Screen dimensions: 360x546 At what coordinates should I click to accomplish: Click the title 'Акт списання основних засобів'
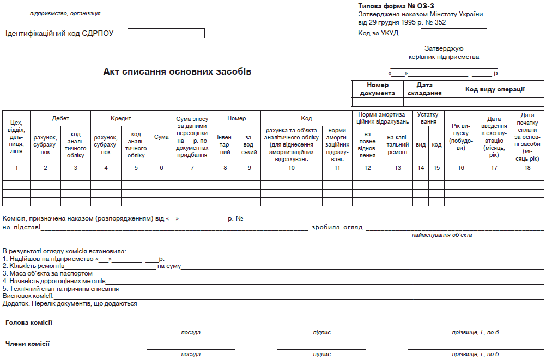[177, 72]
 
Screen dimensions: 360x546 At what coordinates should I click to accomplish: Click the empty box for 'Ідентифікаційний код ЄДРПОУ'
[166, 33]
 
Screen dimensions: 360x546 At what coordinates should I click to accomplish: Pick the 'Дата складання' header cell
[424, 89]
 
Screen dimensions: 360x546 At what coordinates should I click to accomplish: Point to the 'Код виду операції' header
[495, 89]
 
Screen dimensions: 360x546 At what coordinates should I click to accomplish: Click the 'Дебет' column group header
[60, 118]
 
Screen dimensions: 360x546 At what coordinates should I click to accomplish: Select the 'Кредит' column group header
[121, 118]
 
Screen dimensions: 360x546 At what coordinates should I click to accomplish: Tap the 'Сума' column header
[161, 137]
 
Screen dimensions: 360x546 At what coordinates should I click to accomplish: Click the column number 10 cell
[292, 168]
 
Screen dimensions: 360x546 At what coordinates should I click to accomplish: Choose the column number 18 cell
[527, 168]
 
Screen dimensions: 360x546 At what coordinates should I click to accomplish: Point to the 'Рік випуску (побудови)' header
[461, 137]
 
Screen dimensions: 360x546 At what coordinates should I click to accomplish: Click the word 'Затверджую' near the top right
[444, 48]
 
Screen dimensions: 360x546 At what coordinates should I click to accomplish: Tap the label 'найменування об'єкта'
[442, 235]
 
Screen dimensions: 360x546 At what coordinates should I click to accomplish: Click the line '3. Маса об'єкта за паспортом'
[48, 273]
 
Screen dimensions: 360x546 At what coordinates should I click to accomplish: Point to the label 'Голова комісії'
[29, 322]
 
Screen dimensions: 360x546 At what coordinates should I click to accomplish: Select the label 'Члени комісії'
[27, 344]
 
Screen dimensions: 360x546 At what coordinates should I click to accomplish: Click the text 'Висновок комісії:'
[28, 296]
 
